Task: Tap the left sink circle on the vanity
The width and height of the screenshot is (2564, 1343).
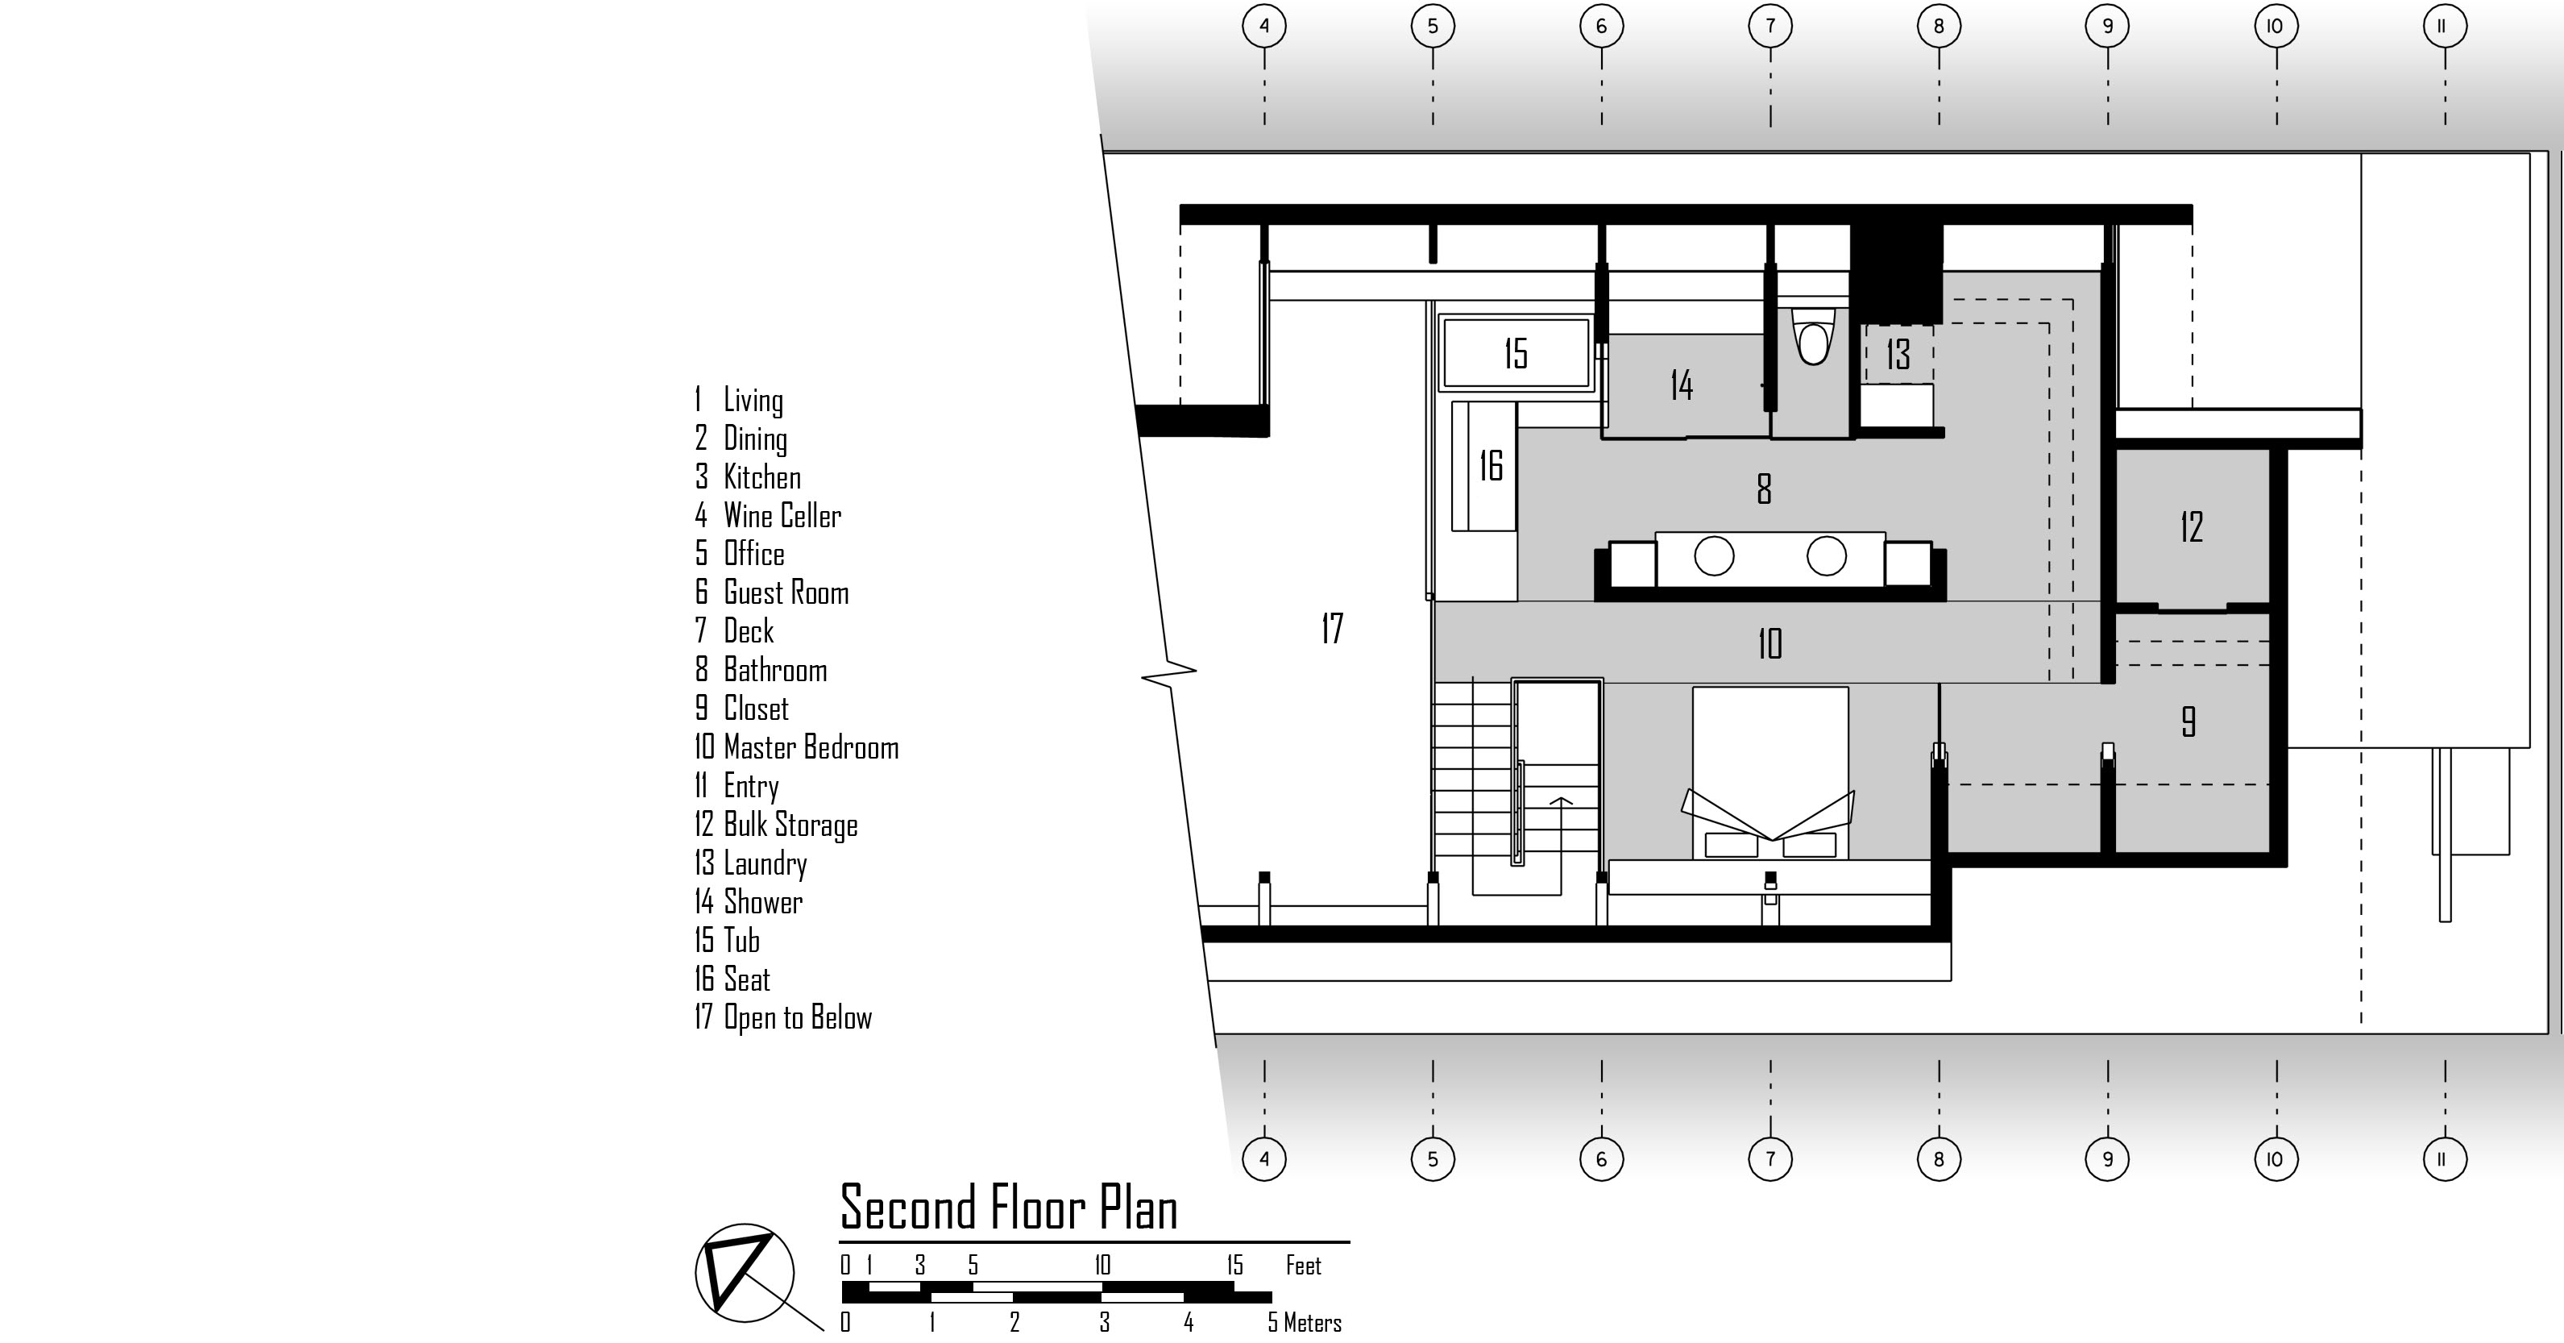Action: (x=1714, y=555)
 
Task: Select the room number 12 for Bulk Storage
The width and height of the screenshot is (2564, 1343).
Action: (x=2191, y=526)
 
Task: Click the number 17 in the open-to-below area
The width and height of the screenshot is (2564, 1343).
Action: (x=1332, y=628)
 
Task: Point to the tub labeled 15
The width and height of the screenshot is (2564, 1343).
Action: (x=1515, y=352)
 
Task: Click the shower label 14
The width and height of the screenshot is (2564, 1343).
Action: (x=1681, y=385)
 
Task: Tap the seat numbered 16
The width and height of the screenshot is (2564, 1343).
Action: (x=1490, y=465)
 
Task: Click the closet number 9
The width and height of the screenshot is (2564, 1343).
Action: (x=2188, y=721)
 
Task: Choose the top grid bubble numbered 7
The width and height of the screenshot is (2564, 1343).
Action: (x=1769, y=26)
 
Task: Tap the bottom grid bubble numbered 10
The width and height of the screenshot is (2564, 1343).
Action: (x=2276, y=1159)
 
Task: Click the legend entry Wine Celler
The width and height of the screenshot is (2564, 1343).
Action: (x=782, y=516)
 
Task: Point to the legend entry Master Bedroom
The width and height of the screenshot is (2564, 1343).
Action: (x=810, y=747)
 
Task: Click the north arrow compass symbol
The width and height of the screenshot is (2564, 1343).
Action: (x=741, y=1272)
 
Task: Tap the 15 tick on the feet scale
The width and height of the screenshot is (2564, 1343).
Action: (x=1234, y=1266)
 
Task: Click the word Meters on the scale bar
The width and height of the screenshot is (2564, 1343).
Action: (x=1312, y=1323)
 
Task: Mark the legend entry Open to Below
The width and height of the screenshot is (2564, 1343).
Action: (x=796, y=1017)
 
